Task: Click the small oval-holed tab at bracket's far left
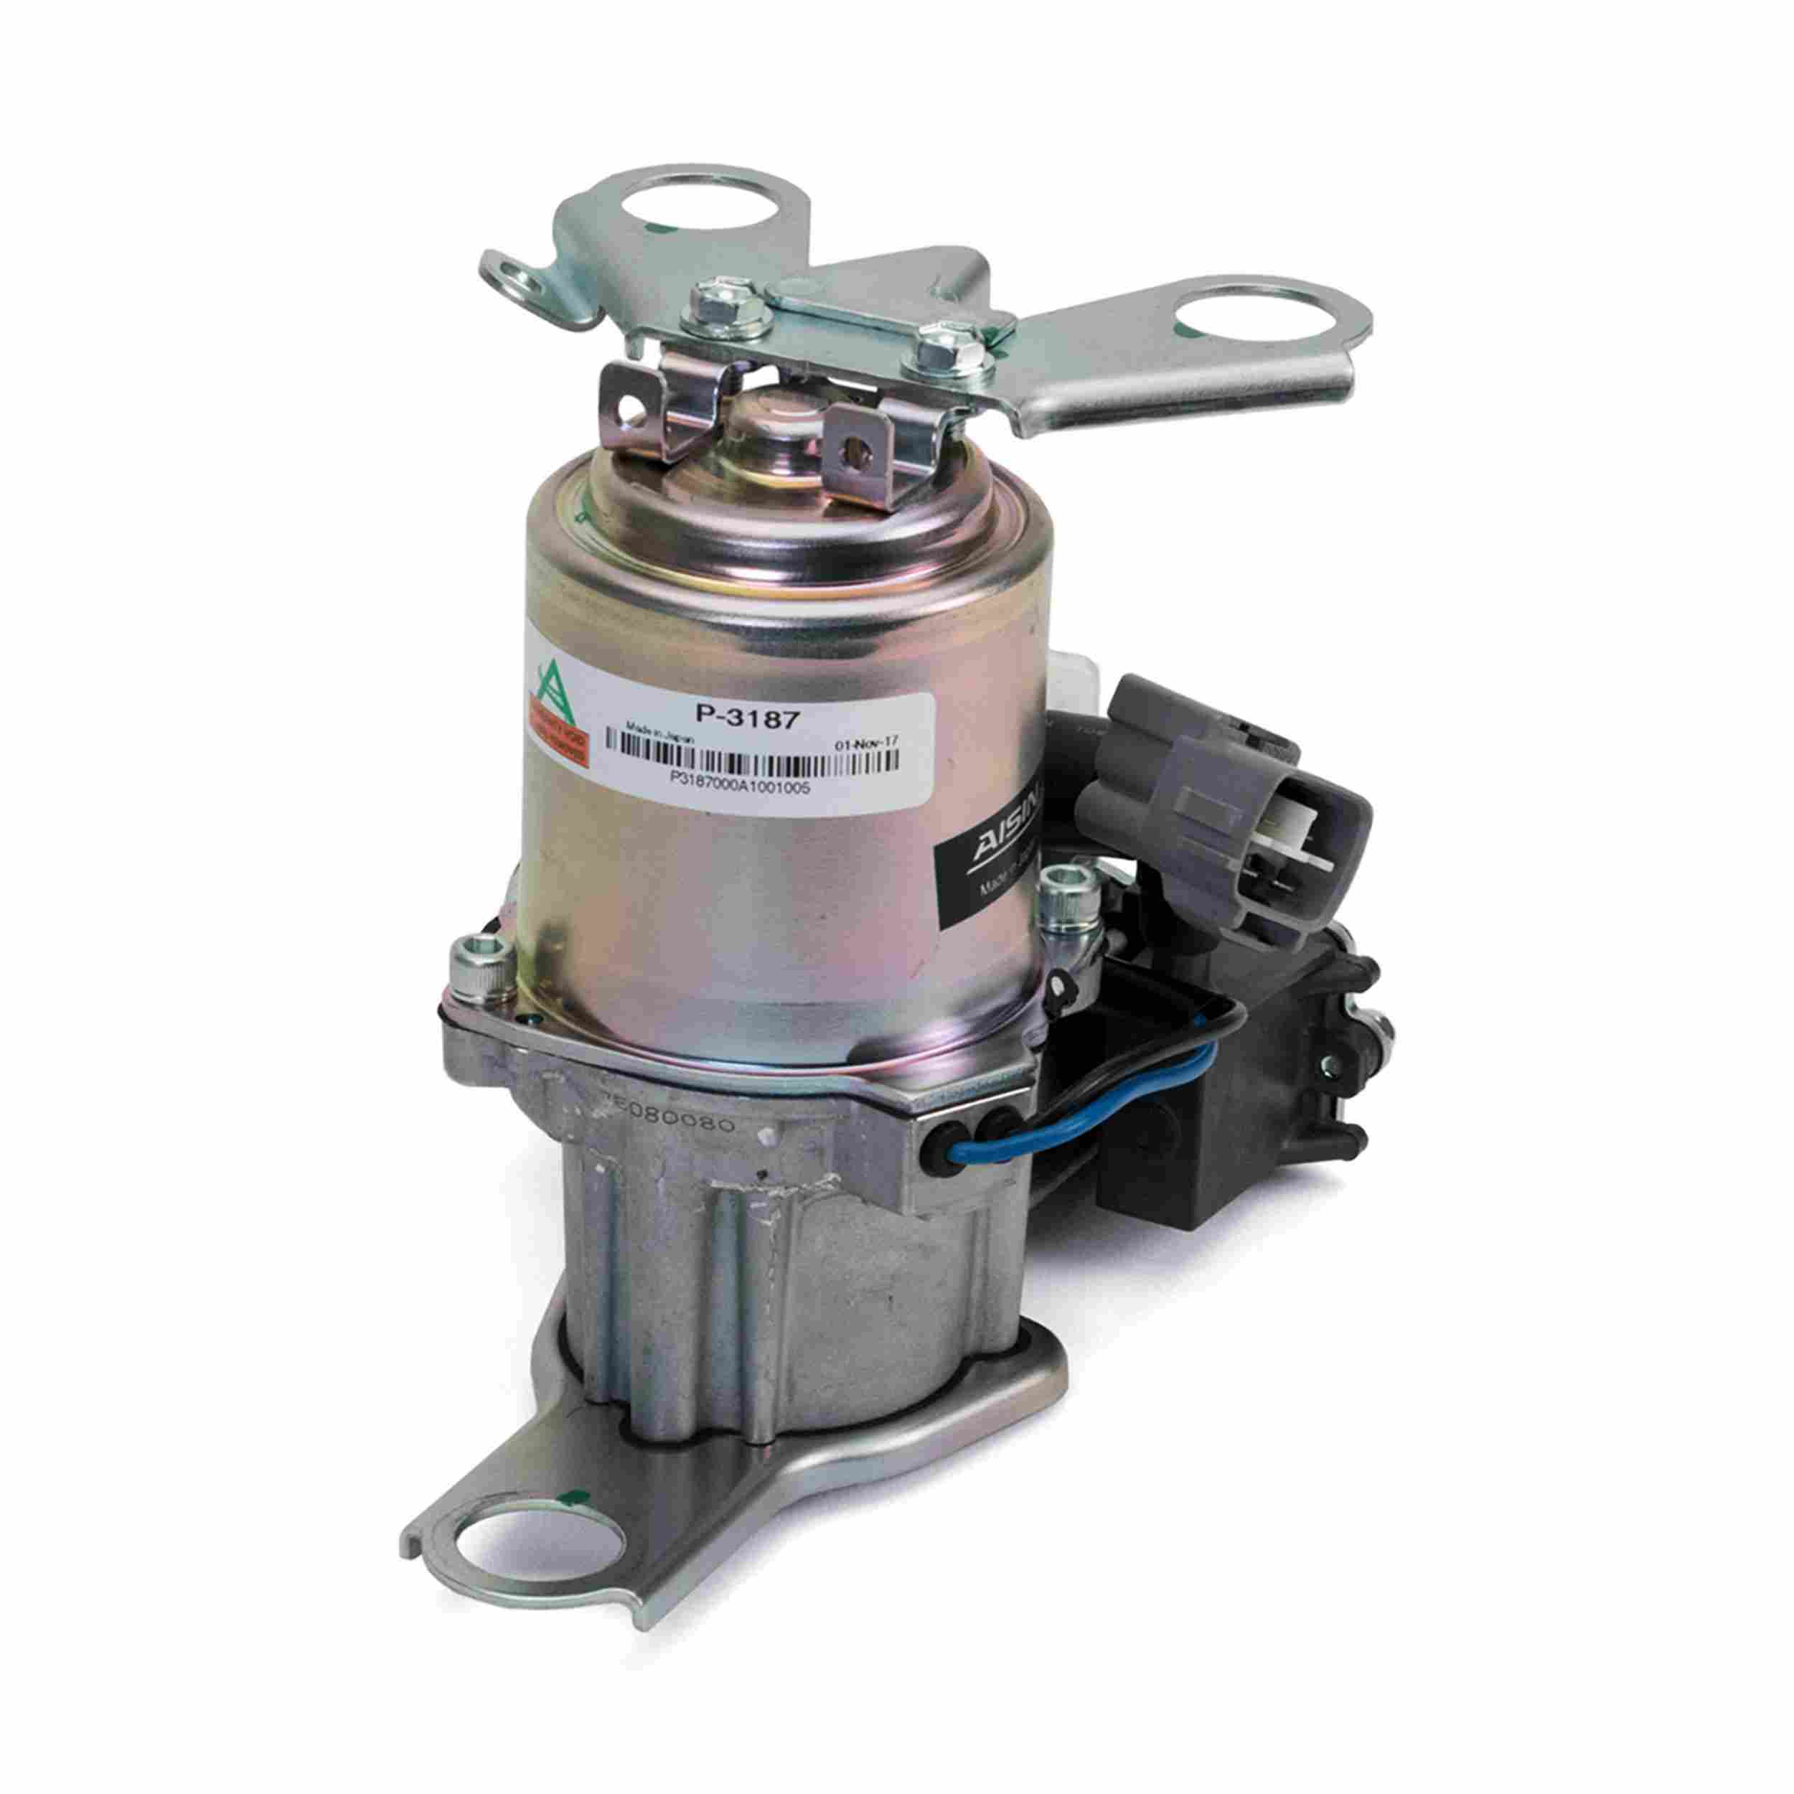520,276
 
